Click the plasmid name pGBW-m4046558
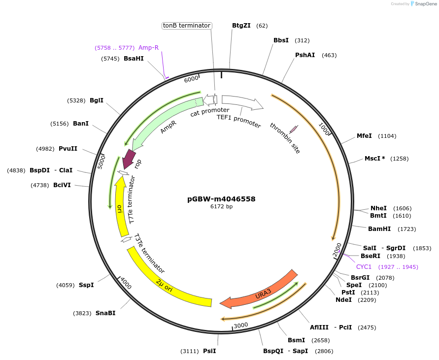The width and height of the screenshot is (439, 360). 221,199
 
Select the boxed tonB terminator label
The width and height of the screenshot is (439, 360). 187,26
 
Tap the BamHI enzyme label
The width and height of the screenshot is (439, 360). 379,229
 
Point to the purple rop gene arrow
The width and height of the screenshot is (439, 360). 130,159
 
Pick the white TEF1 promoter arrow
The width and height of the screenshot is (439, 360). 241,102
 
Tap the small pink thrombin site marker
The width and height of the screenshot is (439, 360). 294,129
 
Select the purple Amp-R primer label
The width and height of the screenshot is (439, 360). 148,48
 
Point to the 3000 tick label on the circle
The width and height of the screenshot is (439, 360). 240,325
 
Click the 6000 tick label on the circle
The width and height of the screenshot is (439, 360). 191,79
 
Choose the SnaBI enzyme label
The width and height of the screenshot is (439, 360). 105,313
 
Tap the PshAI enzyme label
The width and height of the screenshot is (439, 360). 305,55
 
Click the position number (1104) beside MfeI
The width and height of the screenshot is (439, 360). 387,136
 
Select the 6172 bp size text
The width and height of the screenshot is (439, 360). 221,207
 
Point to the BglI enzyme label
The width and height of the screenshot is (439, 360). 97,100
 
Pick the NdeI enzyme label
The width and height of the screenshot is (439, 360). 344,299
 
